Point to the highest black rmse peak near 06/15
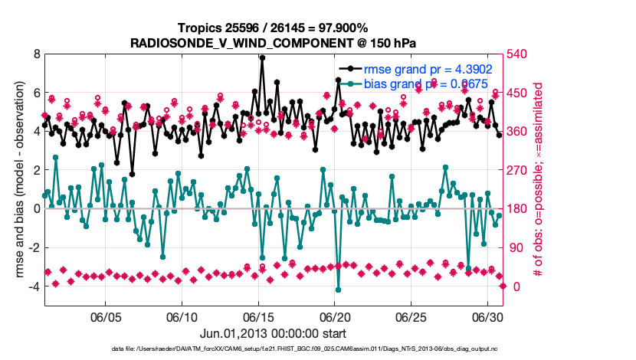tap(262, 57)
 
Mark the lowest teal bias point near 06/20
tap(338, 290)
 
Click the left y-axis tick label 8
tap(35, 54)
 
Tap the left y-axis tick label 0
tap(35, 209)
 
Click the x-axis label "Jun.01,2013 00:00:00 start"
tap(274, 333)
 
